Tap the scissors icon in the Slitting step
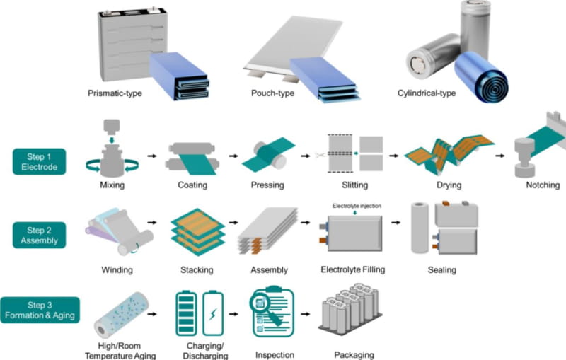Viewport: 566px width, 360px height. pyautogui.click(x=319, y=153)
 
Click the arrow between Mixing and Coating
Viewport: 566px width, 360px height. pyautogui.click(x=151, y=153)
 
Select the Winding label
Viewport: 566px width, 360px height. pyautogui.click(x=117, y=270)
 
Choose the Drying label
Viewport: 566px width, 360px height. pyautogui.click(x=449, y=185)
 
